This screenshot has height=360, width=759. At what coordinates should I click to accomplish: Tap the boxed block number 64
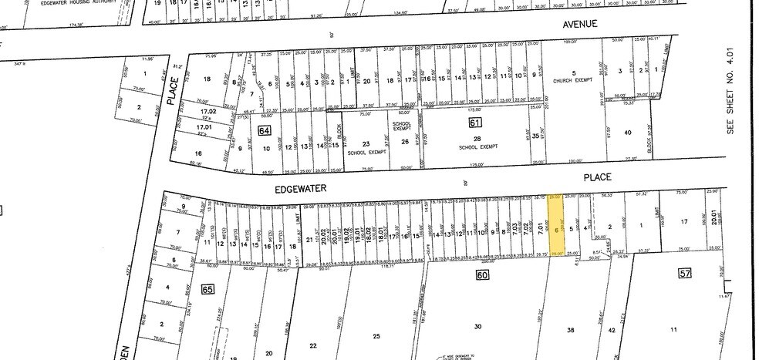(265, 130)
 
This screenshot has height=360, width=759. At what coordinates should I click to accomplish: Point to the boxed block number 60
(483, 275)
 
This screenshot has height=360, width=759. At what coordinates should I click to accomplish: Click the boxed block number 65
(207, 289)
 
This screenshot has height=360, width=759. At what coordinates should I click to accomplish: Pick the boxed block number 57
(685, 273)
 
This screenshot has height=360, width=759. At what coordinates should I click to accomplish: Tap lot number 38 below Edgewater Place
(571, 329)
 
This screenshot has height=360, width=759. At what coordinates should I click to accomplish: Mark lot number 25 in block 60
(376, 335)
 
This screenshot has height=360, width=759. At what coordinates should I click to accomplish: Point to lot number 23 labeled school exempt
(366, 144)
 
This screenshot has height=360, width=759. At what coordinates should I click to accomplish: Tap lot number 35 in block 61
(536, 136)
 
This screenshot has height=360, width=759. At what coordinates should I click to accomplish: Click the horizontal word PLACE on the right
(597, 177)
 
